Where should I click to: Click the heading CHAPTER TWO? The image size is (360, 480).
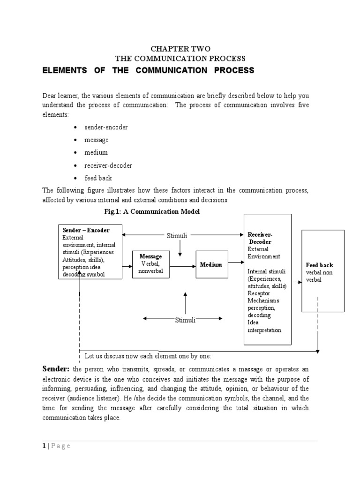[x=180, y=49]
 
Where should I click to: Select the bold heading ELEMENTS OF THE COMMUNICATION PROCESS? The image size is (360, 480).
[x=148, y=70]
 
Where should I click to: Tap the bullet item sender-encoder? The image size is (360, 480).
[x=106, y=127]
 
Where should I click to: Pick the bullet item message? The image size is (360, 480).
[x=96, y=140]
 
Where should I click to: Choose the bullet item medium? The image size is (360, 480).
[x=96, y=153]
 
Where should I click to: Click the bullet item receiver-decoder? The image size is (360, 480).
[x=108, y=165]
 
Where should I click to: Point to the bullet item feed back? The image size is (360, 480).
[x=98, y=178]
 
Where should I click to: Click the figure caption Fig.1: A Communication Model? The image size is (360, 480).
[x=152, y=212]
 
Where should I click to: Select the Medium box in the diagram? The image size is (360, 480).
[x=211, y=265]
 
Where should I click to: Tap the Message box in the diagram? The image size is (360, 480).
[x=150, y=264]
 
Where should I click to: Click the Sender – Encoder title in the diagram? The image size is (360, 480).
[x=86, y=230]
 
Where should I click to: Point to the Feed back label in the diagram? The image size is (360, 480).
[x=319, y=265]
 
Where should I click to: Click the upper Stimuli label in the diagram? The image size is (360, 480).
[x=177, y=236]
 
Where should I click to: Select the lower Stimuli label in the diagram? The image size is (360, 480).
[x=185, y=320]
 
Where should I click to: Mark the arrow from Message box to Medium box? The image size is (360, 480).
[x=182, y=266]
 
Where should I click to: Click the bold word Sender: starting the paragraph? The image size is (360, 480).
[x=56, y=369]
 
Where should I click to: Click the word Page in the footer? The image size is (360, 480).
[x=61, y=446]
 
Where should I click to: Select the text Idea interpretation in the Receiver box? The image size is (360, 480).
[x=264, y=326]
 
